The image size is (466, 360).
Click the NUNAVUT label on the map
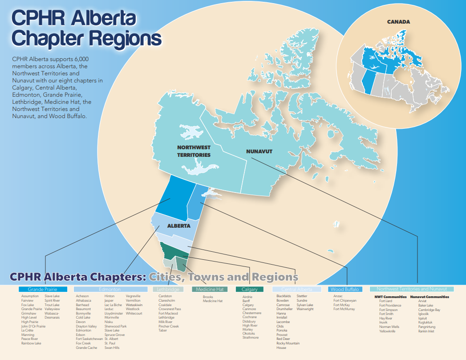(259, 151)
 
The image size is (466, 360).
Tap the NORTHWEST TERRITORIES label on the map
(194, 151)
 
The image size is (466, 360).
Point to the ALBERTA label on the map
(178, 226)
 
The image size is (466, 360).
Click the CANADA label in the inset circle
(398, 21)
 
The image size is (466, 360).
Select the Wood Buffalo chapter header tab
(344, 290)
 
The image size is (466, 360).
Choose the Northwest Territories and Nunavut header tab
(412, 289)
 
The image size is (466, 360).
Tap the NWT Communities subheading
(390, 297)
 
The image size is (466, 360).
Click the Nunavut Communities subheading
(430, 297)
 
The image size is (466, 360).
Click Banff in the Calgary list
(246, 301)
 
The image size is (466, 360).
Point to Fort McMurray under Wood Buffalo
(344, 309)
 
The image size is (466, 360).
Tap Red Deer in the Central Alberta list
(283, 339)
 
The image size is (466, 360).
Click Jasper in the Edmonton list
(109, 301)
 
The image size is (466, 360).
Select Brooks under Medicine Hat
(208, 297)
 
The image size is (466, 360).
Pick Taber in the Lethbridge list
(163, 331)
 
